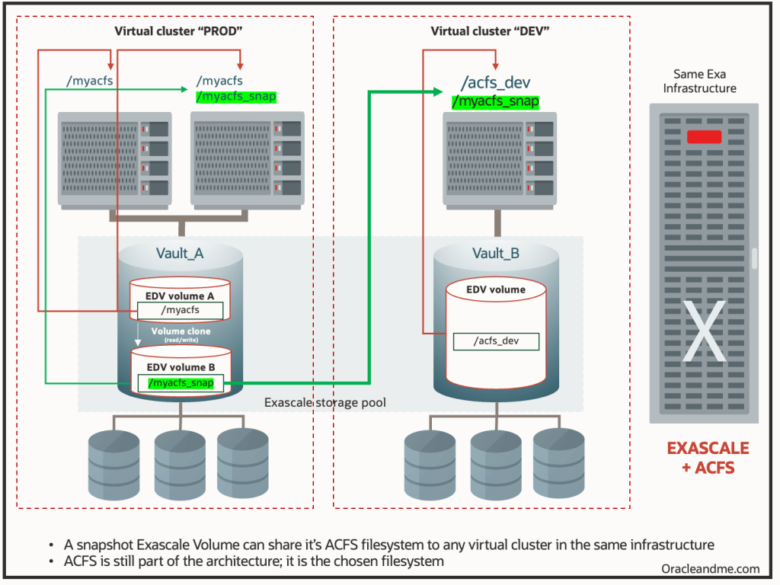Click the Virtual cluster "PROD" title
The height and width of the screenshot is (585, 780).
(x=165, y=31)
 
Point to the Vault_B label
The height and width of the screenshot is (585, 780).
(x=495, y=254)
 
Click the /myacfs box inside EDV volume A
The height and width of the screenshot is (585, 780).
(x=180, y=310)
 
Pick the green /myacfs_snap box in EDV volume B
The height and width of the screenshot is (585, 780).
(x=180, y=383)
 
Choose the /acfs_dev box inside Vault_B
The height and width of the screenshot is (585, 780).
(x=496, y=341)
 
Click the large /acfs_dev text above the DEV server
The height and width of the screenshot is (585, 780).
(x=495, y=83)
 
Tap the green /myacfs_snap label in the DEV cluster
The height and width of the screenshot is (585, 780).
(x=495, y=101)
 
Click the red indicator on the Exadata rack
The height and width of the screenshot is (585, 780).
(x=704, y=137)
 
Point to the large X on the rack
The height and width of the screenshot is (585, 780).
(x=704, y=332)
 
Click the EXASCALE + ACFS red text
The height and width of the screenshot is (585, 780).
(x=708, y=458)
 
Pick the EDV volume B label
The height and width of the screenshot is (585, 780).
(x=180, y=367)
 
